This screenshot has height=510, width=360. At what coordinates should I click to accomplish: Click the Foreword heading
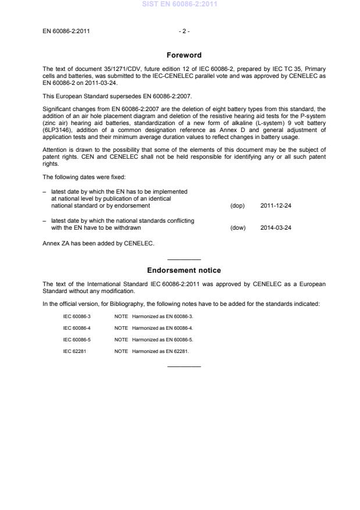pos(183,55)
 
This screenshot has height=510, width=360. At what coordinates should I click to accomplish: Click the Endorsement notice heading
pos(183,270)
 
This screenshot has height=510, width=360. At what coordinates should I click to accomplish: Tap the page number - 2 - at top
pos(183,30)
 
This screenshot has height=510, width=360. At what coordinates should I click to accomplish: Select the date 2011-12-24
pos(276,206)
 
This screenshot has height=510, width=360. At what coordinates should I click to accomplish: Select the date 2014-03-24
pos(276,227)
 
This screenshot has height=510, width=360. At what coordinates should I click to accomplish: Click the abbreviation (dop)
pos(238,206)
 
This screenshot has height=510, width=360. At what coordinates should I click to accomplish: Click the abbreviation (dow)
pos(238,227)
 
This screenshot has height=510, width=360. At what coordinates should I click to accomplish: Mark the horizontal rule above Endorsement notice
pos(184,259)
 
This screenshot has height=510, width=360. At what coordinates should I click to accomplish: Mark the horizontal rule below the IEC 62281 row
pos(184,366)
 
